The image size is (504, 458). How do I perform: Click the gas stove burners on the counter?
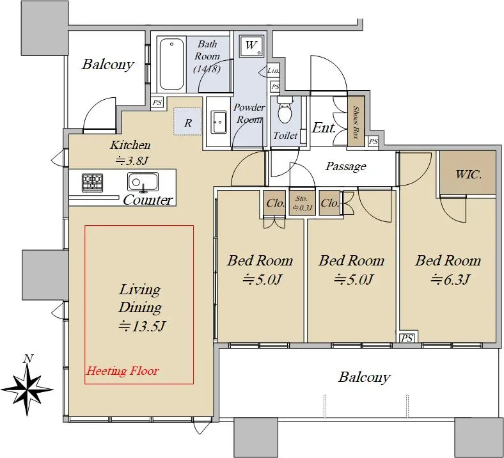93,182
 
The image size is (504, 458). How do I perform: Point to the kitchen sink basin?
143,182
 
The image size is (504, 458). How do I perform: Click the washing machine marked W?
251,46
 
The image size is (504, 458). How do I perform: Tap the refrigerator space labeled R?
187,122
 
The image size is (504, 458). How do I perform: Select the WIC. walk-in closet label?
468,175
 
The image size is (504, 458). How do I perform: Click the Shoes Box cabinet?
356,121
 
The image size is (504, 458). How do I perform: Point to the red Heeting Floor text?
122,371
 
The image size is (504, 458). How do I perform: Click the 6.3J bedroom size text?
450,280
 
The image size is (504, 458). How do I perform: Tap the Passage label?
345,166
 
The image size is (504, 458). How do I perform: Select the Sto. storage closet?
302,203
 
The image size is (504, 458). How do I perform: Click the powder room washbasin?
219,122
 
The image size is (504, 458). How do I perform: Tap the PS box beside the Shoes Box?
373,141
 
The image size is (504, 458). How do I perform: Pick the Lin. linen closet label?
273,70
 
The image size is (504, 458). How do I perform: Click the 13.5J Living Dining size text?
142,327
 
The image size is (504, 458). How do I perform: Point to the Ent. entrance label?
324,127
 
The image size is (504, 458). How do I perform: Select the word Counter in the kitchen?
148,200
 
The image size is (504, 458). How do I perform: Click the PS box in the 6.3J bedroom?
407,338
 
